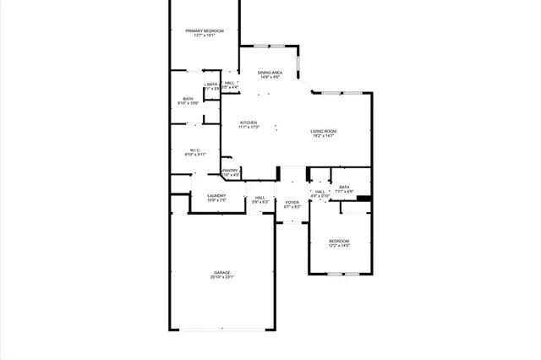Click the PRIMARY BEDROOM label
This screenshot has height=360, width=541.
[x=205, y=30]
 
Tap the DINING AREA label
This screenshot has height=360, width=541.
[x=270, y=73]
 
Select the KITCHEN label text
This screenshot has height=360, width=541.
[x=248, y=123]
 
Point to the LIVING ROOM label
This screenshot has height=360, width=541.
[x=323, y=131]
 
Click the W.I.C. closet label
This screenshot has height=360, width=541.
[x=194, y=150]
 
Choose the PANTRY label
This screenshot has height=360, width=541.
[x=230, y=170]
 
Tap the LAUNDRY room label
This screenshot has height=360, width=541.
[x=216, y=195]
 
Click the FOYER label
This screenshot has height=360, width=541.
[x=292, y=202]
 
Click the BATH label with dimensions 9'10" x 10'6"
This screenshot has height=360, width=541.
[x=188, y=99]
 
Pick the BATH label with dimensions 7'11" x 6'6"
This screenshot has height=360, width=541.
[x=344, y=187]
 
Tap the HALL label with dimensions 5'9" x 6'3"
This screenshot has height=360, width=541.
[x=260, y=198]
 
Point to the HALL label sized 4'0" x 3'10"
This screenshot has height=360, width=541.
[x=320, y=192]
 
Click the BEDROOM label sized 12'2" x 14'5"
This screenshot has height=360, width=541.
[x=338, y=241]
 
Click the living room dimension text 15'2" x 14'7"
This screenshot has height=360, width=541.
[x=323, y=136]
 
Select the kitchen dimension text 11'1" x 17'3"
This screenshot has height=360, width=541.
[x=248, y=128]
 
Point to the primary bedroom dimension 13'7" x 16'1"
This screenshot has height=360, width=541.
[x=205, y=35]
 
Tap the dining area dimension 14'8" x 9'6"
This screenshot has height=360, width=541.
[x=270, y=78]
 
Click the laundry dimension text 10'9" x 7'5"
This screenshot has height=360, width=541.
[x=216, y=200]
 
